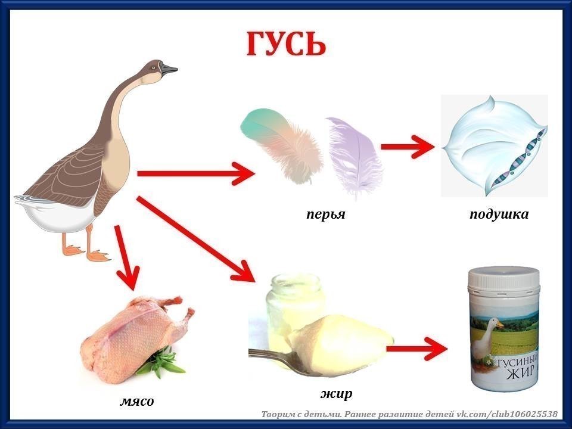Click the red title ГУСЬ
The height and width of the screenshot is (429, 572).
286,43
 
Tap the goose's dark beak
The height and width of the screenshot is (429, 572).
169,69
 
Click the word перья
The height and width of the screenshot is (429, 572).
326,214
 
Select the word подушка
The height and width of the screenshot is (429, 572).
499,214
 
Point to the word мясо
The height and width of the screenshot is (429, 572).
137,401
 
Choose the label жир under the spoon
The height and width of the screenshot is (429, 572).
336,394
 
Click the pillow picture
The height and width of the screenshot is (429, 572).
495,146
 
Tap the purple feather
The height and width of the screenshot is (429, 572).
354,157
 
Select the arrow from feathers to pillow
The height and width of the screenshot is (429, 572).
408,147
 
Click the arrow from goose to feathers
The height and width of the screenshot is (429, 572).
196,173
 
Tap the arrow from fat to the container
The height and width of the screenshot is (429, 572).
416,349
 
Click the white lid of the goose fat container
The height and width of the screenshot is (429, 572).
504,279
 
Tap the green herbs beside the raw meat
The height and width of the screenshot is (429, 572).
160,361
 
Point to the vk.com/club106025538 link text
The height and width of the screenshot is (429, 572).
507,414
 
